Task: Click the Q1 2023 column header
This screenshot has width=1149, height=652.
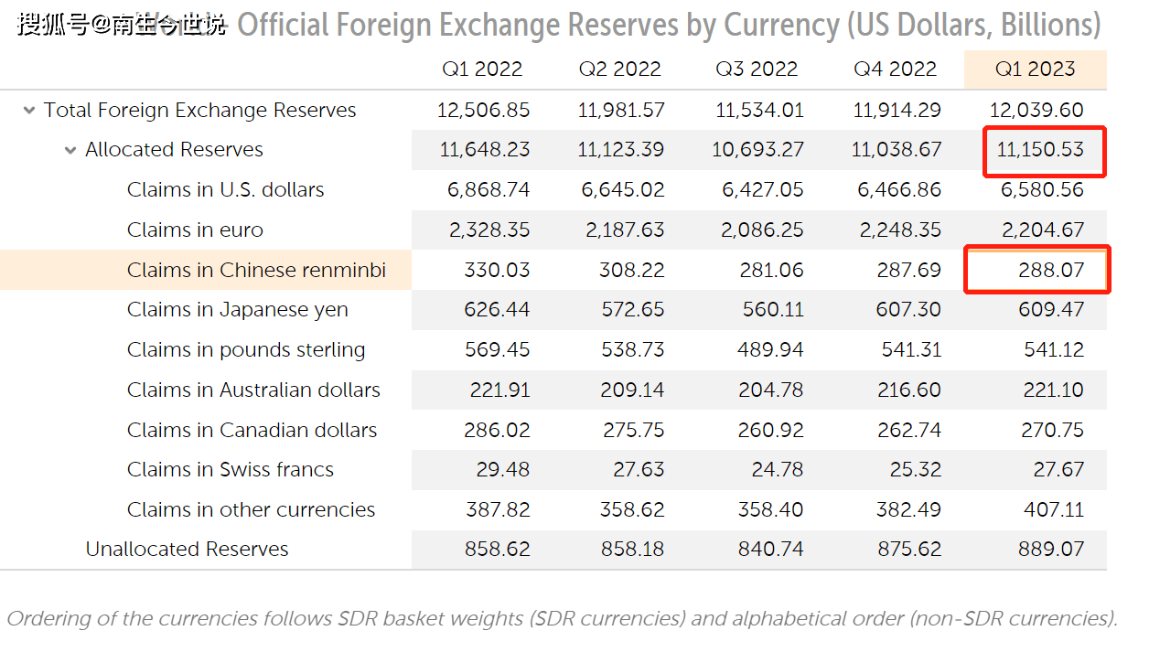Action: click(x=1035, y=69)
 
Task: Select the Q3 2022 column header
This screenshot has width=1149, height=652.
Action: click(x=757, y=69)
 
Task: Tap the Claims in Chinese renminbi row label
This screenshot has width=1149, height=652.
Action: click(x=256, y=270)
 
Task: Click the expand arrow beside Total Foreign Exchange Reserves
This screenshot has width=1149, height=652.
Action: click(x=28, y=111)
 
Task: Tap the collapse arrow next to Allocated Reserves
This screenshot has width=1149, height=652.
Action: click(x=70, y=150)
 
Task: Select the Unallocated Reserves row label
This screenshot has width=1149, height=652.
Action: click(x=187, y=549)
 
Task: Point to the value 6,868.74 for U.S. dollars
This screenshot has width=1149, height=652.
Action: click(x=489, y=189)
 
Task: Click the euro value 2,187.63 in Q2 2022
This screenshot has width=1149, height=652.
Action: click(x=623, y=230)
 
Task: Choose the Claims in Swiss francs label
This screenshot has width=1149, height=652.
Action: click(x=231, y=469)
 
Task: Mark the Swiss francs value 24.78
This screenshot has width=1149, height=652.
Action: click(x=773, y=469)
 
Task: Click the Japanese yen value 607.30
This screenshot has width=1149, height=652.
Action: click(x=908, y=309)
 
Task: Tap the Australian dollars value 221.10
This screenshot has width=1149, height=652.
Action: click(x=1053, y=390)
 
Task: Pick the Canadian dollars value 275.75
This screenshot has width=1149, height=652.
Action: click(x=633, y=430)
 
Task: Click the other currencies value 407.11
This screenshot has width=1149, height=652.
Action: click(x=1053, y=509)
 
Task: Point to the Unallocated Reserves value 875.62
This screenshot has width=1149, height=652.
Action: click(x=908, y=549)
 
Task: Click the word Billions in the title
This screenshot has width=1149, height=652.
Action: click(x=1045, y=25)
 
